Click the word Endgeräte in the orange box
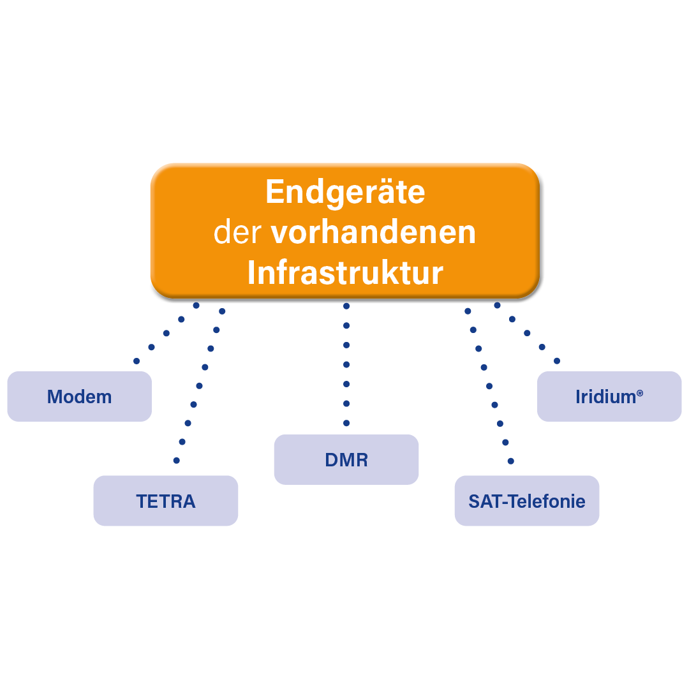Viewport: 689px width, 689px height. click(345, 192)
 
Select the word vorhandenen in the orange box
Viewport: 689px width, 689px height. click(373, 233)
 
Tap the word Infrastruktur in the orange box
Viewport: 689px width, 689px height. click(345, 273)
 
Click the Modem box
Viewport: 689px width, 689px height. click(80, 397)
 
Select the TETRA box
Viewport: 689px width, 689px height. click(166, 501)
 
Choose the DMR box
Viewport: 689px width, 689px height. click(346, 460)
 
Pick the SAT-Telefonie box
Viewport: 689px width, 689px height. click(527, 501)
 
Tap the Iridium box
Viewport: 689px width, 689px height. click(609, 397)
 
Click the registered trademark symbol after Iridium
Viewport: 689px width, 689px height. click(639, 394)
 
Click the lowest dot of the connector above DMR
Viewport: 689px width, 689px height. click(346, 423)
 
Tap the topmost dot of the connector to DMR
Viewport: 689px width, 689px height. click(346, 306)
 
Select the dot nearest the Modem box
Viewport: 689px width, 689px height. click(137, 361)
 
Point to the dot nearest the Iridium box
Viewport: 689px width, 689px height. click(557, 361)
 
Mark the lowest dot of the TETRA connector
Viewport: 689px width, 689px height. click(177, 460)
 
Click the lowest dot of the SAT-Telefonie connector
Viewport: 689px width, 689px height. click(510, 461)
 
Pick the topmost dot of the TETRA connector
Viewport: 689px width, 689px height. click(222, 311)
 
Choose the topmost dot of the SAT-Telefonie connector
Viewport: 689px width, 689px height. click(468, 311)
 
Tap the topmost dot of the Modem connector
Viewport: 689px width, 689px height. click(196, 306)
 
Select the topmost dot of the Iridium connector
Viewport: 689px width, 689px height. click(497, 306)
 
